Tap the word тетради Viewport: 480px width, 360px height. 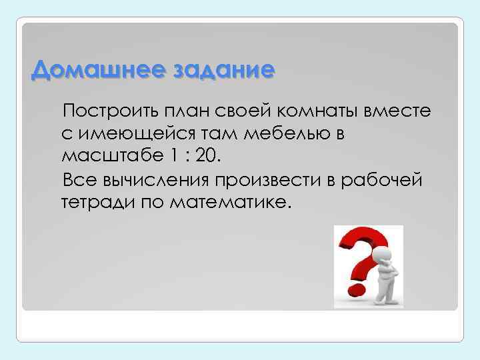point(97,203)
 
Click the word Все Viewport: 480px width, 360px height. point(78,181)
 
